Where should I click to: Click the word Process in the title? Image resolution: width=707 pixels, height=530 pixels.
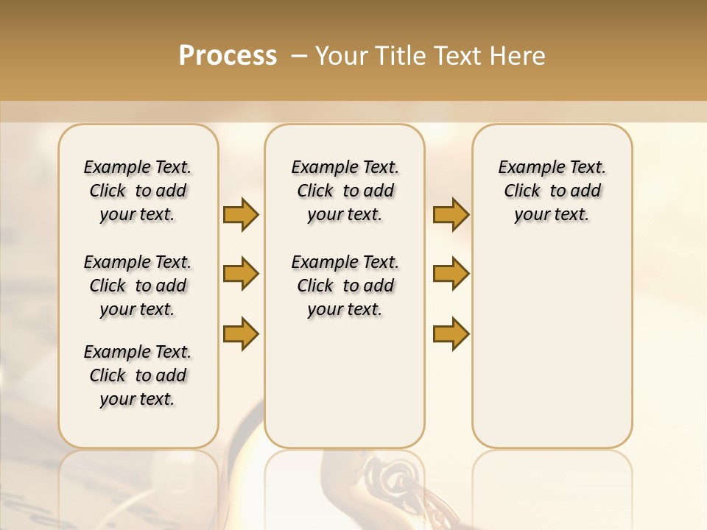[x=228, y=56]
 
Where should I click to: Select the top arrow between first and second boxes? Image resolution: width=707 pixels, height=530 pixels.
[x=241, y=214]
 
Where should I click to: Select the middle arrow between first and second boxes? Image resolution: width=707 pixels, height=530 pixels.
[x=241, y=274]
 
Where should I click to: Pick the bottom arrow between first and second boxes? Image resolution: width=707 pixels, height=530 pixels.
[x=241, y=333]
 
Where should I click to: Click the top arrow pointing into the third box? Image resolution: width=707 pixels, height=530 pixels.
[x=451, y=214]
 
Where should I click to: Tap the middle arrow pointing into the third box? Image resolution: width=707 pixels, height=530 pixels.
[x=451, y=274]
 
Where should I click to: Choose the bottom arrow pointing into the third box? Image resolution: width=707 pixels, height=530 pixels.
[x=451, y=333]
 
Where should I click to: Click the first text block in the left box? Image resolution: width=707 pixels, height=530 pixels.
[x=138, y=191]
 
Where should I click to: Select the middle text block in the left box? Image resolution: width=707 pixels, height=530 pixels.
[x=138, y=286]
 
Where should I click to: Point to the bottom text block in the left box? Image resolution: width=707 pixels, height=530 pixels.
[x=138, y=375]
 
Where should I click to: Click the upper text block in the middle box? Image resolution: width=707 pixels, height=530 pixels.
[x=345, y=191]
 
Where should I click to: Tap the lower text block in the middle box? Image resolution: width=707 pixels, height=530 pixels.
[x=345, y=286]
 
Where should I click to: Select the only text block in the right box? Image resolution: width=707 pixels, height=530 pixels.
[x=552, y=191]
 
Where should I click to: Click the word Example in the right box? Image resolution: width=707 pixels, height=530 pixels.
[x=525, y=168]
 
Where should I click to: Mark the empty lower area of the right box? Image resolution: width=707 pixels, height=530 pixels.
[x=552, y=339]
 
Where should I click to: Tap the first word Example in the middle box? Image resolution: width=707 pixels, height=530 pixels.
[x=318, y=168]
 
